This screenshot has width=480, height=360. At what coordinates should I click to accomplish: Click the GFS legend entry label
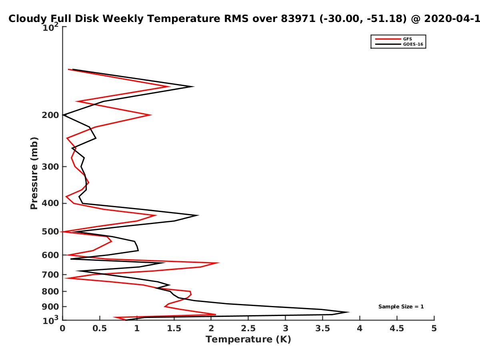point(407,39)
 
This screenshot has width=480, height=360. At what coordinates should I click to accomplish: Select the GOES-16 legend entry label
point(413,44)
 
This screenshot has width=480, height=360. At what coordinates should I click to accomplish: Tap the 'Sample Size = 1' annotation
point(401,307)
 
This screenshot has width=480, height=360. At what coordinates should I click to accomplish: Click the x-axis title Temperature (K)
point(248,340)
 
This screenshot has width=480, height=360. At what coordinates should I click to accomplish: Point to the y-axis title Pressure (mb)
point(34,173)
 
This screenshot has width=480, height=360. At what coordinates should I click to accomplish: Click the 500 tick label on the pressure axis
point(50,232)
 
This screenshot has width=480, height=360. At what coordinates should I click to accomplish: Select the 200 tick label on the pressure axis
point(50,115)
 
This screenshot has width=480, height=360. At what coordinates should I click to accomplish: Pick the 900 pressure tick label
point(50,307)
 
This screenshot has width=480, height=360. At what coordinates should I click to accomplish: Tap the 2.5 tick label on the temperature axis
point(248,328)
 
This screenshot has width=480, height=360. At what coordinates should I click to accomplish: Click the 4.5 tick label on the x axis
point(397,328)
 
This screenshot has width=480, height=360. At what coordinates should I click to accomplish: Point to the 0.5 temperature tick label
point(100,328)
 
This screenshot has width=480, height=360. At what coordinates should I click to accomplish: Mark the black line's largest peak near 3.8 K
point(348,312)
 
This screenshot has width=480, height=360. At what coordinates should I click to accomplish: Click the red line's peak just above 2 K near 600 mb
point(219,263)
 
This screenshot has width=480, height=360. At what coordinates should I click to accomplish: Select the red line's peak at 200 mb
point(151,115)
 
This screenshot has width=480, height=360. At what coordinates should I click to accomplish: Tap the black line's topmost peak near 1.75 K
point(194,86)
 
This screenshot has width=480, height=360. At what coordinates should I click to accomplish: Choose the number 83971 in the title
point(298,18)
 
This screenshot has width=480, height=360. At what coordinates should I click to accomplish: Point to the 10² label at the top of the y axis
point(50,27)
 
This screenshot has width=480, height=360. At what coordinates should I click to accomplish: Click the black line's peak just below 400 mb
point(198,215)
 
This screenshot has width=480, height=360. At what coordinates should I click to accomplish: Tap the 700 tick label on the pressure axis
point(50,275)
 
